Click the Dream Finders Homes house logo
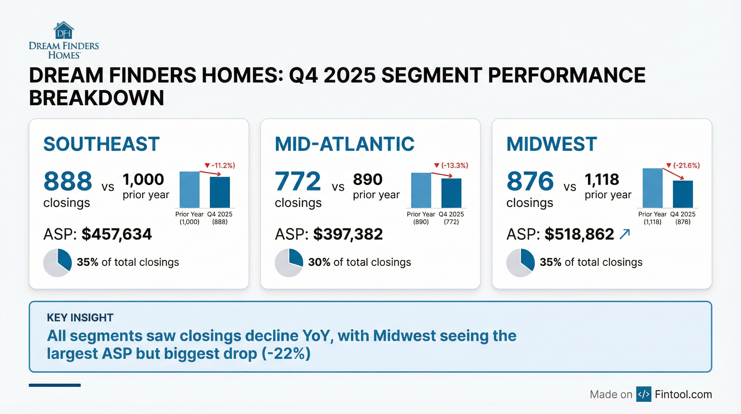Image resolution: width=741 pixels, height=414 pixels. pyautogui.click(x=64, y=30)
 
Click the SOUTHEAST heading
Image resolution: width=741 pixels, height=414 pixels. pyautogui.click(x=101, y=144)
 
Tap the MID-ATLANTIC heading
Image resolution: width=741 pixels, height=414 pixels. pyautogui.click(x=344, y=144)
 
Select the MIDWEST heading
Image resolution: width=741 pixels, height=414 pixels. pyautogui.click(x=551, y=144)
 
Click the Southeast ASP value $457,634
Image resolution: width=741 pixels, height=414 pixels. pyautogui.click(x=117, y=234)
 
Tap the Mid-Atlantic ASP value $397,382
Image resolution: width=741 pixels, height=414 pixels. pyautogui.click(x=348, y=234)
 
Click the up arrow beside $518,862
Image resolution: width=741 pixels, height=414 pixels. pyautogui.click(x=624, y=234)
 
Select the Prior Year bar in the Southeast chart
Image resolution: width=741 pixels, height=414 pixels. pyautogui.click(x=189, y=189)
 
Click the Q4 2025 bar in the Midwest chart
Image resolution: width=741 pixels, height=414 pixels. pyautogui.click(x=683, y=194)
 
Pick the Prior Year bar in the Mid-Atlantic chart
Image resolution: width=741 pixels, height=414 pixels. pyautogui.click(x=421, y=190)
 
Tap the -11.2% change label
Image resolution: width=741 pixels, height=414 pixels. pyautogui.click(x=220, y=165)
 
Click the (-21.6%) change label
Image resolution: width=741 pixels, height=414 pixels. pyautogui.click(x=683, y=165)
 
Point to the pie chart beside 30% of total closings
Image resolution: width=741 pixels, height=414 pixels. pyautogui.click(x=289, y=263)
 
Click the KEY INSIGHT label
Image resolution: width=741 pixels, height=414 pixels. pyautogui.click(x=80, y=318)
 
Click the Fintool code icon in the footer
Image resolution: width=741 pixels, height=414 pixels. pyautogui.click(x=644, y=394)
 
